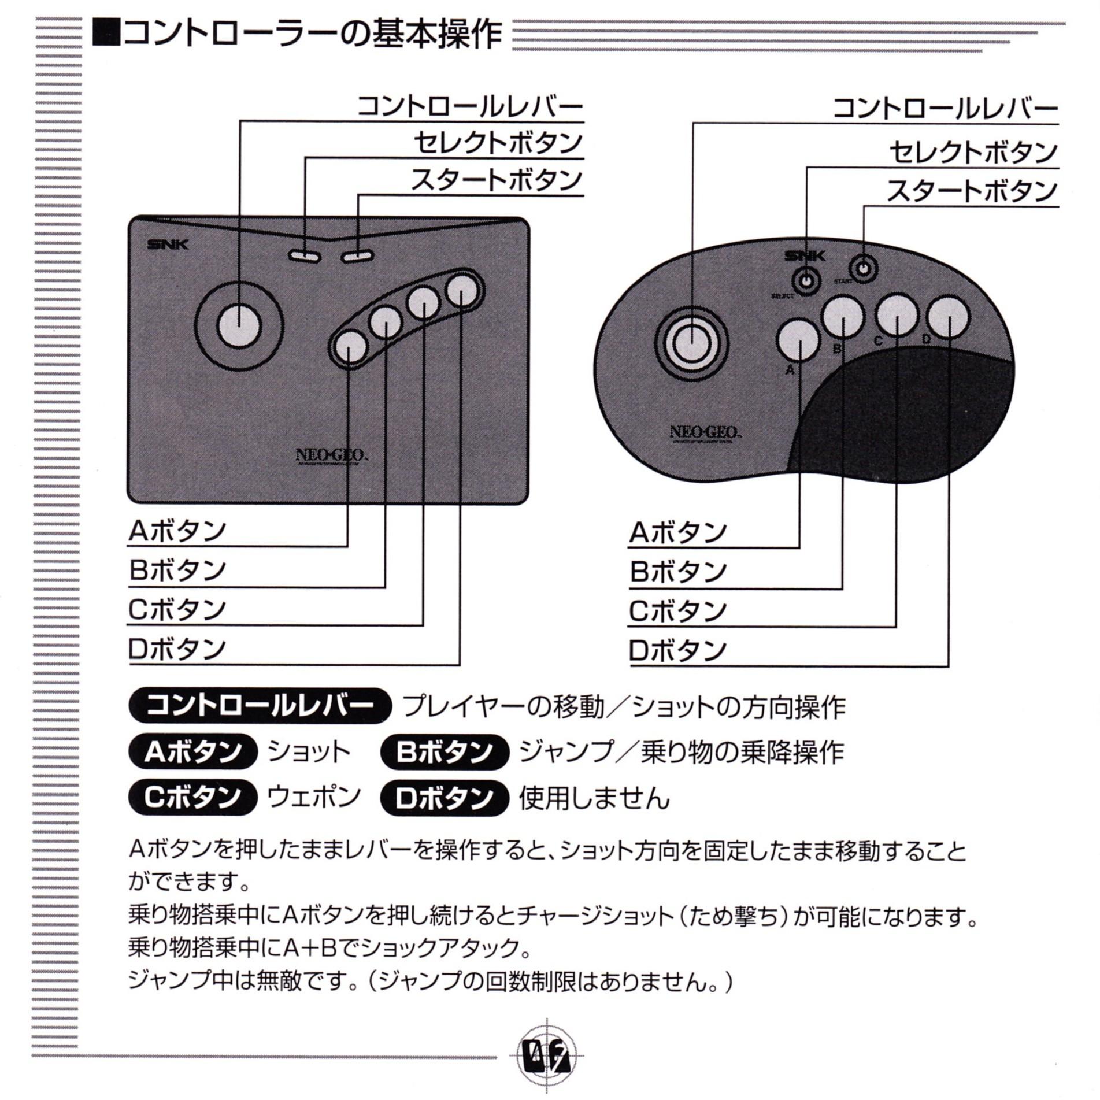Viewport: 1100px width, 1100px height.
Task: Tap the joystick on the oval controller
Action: click(x=692, y=344)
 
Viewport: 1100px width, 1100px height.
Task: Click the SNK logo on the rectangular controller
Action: click(x=168, y=244)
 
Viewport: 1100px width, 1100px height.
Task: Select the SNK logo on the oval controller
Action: click(x=805, y=256)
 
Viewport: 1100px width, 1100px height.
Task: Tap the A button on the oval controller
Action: click(x=799, y=343)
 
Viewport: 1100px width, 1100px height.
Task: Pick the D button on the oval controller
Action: click(x=948, y=316)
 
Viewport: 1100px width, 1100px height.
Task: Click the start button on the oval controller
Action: click(x=863, y=269)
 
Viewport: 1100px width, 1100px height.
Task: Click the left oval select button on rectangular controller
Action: click(x=305, y=255)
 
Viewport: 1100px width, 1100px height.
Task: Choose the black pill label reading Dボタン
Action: click(x=444, y=798)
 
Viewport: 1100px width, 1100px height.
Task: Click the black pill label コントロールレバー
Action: click(x=260, y=706)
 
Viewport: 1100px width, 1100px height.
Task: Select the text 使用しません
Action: click(x=594, y=798)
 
